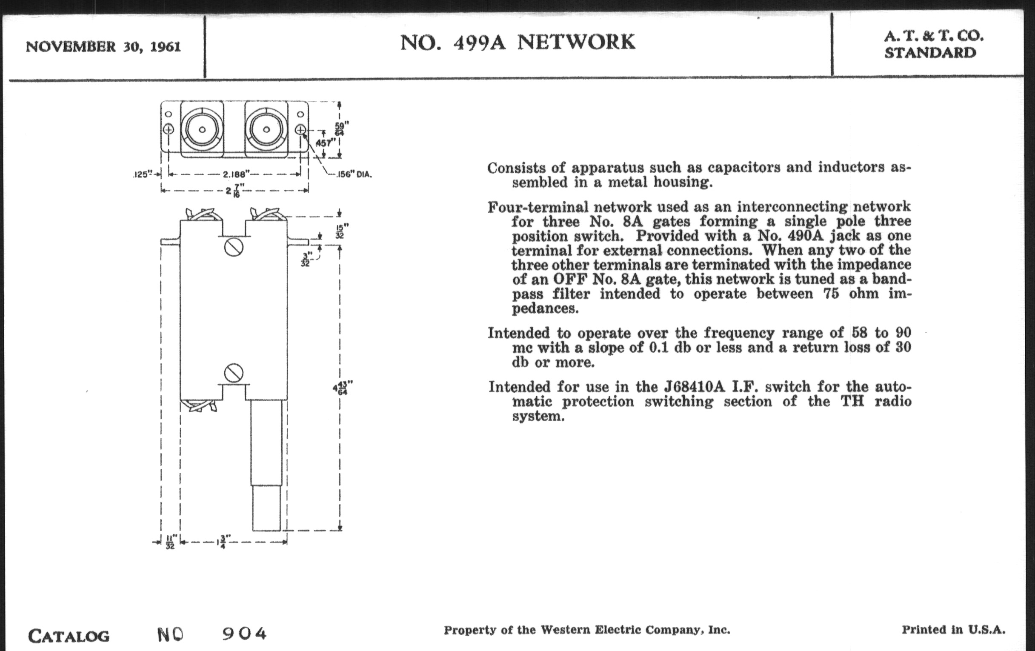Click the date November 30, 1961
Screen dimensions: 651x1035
pyautogui.click(x=103, y=46)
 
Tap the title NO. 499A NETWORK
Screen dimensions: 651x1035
pyautogui.click(x=517, y=43)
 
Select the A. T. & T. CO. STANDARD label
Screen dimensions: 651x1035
pyautogui.click(x=933, y=44)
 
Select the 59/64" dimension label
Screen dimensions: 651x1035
pyautogui.click(x=342, y=128)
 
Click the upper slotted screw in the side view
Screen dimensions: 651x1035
pyautogui.click(x=233, y=248)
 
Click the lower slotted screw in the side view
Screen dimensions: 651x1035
pyautogui.click(x=233, y=373)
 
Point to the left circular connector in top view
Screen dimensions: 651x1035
pyautogui.click(x=202, y=129)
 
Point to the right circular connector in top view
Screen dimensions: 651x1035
pyautogui.click(x=266, y=129)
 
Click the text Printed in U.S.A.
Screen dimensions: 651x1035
pyautogui.click(x=953, y=630)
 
